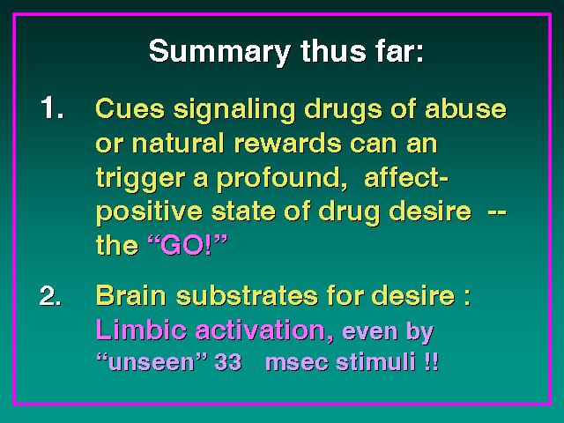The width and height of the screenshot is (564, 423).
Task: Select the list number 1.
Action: click(53, 108)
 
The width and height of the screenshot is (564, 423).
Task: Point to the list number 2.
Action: click(51, 295)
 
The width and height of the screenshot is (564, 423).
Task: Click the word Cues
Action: click(130, 108)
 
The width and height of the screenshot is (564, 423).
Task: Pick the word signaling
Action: click(234, 110)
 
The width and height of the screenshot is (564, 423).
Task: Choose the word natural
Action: click(178, 143)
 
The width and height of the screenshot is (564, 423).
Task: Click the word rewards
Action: click(287, 143)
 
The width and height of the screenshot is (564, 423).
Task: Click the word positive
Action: click(149, 212)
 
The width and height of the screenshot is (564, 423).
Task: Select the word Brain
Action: click(131, 295)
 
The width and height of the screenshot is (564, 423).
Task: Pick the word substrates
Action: click(247, 295)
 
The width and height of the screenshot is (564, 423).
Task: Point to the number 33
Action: click(227, 361)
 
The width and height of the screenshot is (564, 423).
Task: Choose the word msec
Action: click(297, 361)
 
